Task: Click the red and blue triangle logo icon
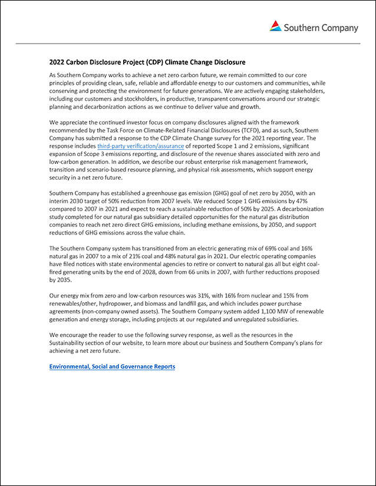coord(276,26)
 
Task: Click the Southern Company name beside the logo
coord(321,28)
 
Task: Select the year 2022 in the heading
coord(57,62)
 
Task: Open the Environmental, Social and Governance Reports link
coord(112,366)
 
